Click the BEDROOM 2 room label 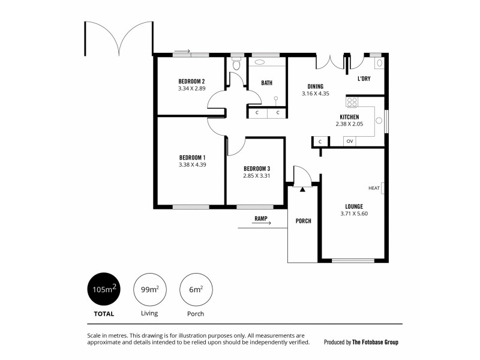191,82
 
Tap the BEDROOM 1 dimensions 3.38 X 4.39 192,164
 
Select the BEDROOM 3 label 256,169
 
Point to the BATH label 267,83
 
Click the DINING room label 316,86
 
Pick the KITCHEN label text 349,117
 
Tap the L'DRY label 363,79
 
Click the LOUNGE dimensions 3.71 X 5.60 353,214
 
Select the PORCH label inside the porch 304,221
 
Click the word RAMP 260,218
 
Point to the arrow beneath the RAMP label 254,224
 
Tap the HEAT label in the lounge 374,188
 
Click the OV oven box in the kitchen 349,142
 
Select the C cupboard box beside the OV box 320,142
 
